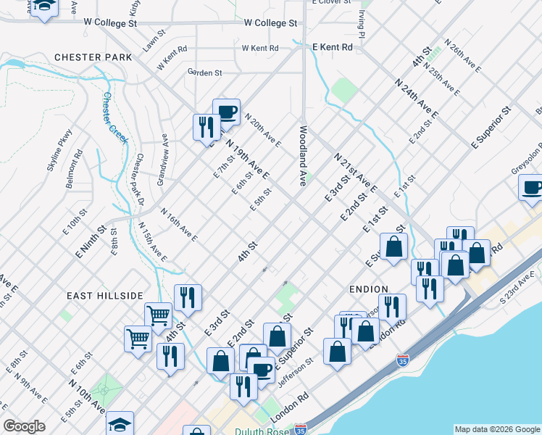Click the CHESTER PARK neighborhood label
tap(93, 57)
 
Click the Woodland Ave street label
tap(304, 154)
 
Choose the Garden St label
tap(204, 72)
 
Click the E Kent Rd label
tap(332, 46)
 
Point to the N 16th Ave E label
tap(179, 225)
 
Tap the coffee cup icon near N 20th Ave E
tap(226, 112)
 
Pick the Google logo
tap(25, 426)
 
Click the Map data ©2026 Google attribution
tap(496, 429)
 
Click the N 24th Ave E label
tap(417, 99)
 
